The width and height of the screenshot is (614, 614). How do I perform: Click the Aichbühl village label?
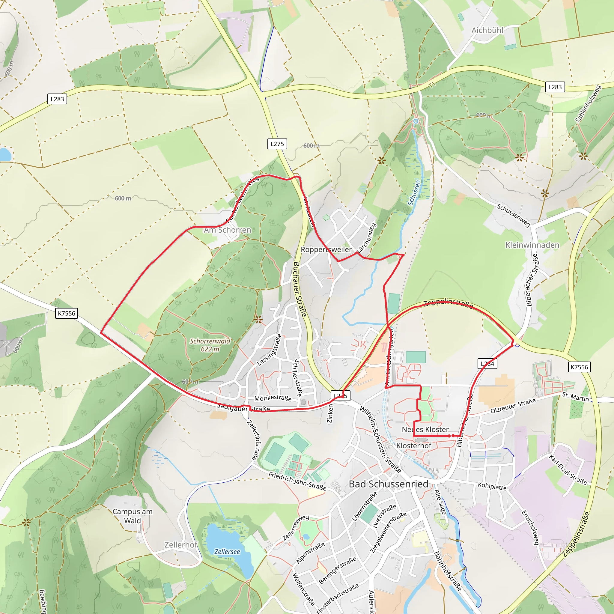point(487,30)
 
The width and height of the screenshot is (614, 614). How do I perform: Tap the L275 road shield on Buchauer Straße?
point(277,144)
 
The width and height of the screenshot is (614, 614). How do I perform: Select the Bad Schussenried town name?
point(388,484)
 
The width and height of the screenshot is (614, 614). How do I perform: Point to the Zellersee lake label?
point(227,551)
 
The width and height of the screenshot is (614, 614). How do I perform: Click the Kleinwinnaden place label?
point(532,245)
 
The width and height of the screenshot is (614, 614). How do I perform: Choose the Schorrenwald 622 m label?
point(210,345)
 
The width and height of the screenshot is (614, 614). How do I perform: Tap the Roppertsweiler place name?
point(326,249)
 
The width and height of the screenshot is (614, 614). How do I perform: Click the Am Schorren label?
point(228,230)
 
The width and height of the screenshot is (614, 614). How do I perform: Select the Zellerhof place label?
point(181,545)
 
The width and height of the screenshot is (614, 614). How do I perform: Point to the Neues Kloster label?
point(425,429)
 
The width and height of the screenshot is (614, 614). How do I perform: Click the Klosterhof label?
point(414,446)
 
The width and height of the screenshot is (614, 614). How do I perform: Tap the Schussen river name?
point(414,192)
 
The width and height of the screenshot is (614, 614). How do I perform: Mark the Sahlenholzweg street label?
point(588,104)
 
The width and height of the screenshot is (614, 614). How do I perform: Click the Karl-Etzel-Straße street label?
point(568,469)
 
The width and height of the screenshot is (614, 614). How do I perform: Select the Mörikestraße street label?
point(273,398)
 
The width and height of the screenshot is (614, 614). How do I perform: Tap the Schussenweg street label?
point(514,216)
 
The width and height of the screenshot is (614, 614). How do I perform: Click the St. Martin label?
point(575,397)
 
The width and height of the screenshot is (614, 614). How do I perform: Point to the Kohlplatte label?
point(492,486)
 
